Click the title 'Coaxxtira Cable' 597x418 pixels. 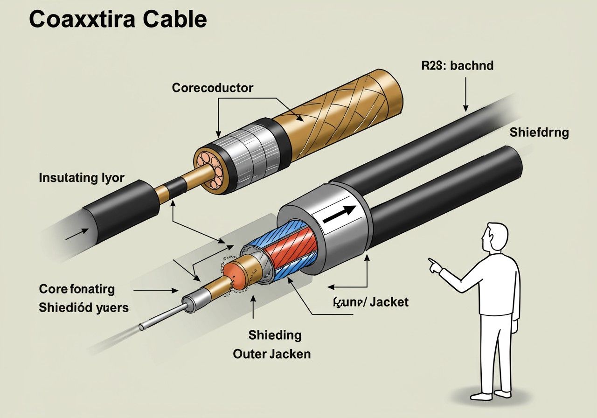(118, 19)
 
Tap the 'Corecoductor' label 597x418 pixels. (212, 88)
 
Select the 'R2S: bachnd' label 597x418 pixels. (458, 66)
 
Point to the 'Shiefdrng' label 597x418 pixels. (539, 132)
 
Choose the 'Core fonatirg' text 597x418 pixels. (77, 289)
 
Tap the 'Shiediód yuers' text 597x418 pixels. (84, 308)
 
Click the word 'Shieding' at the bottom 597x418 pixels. (275, 335)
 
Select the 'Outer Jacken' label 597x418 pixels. (271, 354)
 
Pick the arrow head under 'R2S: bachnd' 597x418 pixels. (465, 108)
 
